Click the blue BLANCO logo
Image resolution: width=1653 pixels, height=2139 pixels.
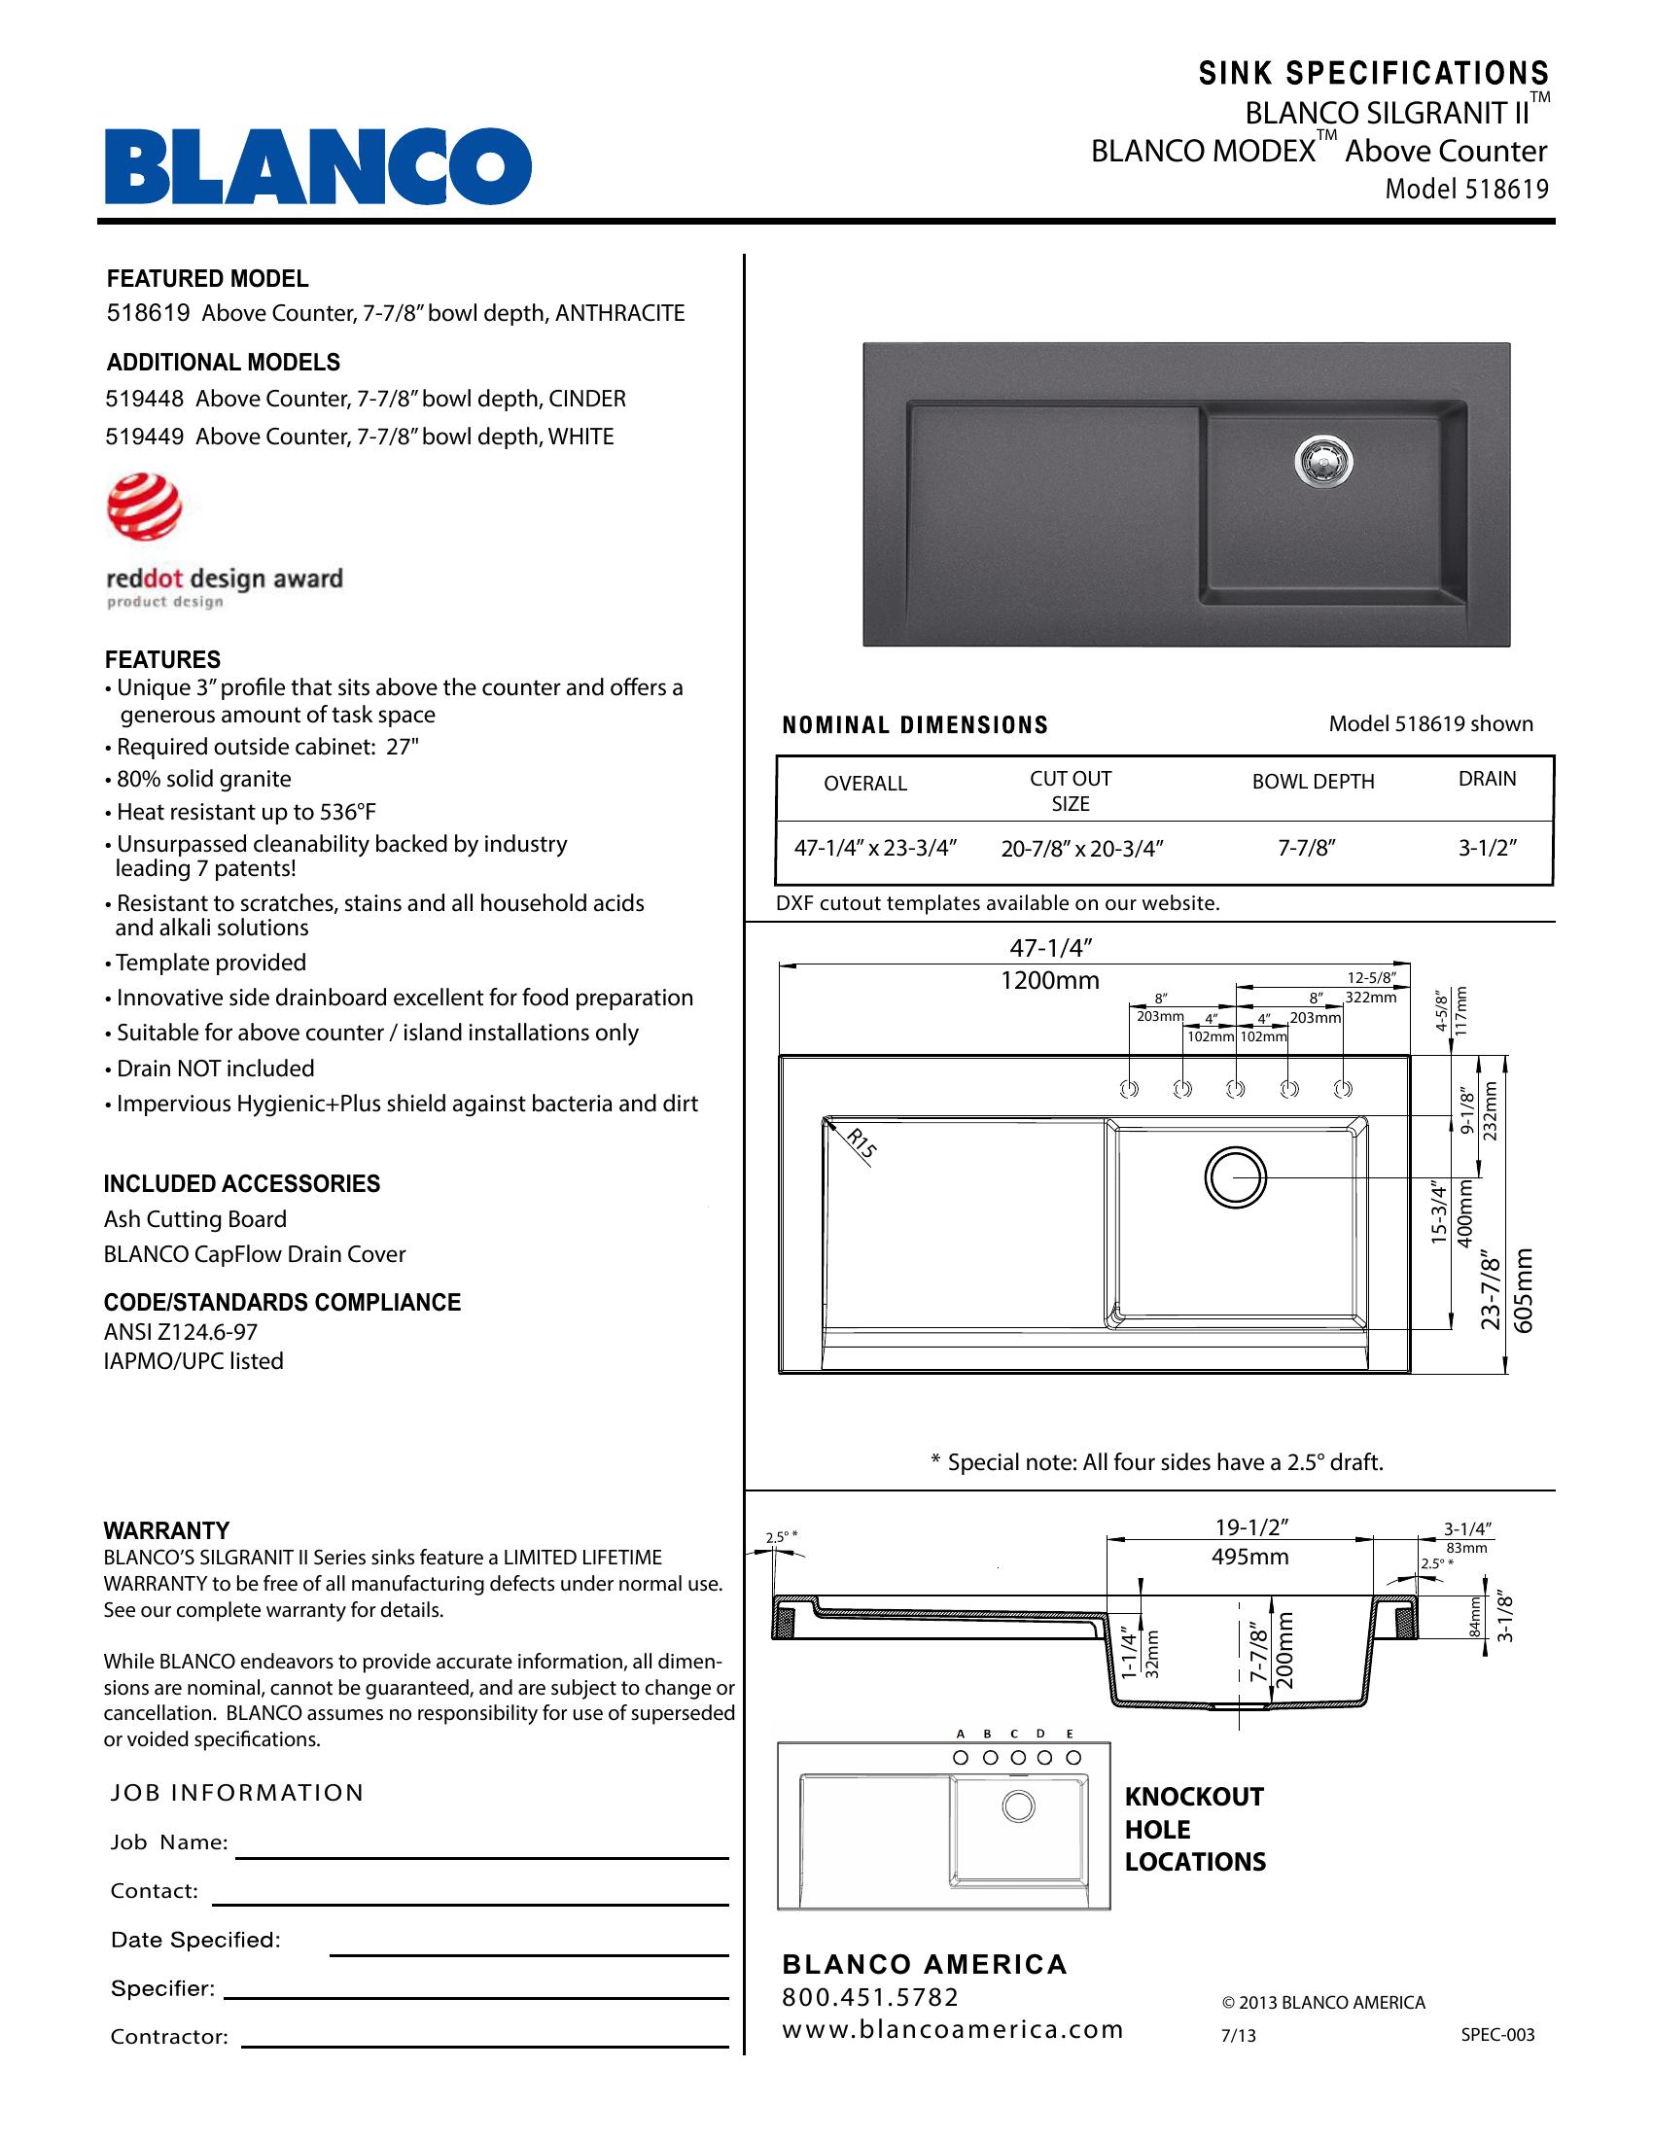pos(318,166)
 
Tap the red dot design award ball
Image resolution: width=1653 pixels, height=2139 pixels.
pos(144,507)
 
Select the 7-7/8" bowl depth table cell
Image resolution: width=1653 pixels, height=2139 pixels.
pos(1306,848)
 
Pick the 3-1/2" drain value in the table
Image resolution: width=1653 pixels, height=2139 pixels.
pos(1487,848)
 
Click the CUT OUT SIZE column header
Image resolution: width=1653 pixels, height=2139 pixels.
pos(1071,790)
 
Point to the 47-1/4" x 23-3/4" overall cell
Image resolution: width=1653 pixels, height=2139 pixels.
pos(874,848)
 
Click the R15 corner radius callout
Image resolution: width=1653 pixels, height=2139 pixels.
pos(861,1144)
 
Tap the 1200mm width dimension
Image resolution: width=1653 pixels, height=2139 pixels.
pos(1050,980)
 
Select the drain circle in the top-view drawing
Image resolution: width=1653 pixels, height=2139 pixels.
pos(1235,1176)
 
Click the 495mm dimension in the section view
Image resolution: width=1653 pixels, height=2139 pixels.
pos(1250,1558)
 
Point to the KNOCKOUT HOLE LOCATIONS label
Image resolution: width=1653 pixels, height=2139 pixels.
pos(1195,1829)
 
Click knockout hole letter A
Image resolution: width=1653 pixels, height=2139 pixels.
pos(961,1733)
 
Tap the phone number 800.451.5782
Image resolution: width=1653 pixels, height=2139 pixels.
pos(870,1997)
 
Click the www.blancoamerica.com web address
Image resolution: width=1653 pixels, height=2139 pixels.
pos(952,2029)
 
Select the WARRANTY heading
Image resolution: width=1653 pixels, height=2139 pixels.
pos(166,1530)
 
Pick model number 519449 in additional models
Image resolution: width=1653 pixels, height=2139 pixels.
pos(144,437)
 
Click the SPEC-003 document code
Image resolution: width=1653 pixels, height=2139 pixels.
pos(1497,2035)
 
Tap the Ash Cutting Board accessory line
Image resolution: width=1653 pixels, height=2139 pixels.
pos(194,1219)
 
